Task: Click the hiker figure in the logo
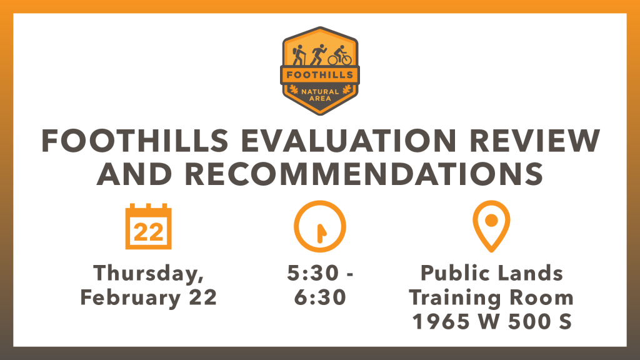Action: pyautogui.click(x=299, y=55)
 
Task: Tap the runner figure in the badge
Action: pyautogui.click(x=318, y=55)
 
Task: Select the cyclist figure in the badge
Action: pyautogui.click(x=339, y=56)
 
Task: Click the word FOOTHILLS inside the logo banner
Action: pyautogui.click(x=319, y=75)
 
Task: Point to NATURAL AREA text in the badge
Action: pyautogui.click(x=320, y=95)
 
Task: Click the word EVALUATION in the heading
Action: pyautogui.click(x=348, y=141)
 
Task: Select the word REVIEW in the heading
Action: pyautogui.click(x=535, y=141)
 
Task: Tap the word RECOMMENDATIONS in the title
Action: pyautogui.click(x=364, y=174)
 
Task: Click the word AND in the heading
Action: pyautogui.click(x=134, y=174)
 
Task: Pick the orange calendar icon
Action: pyautogui.click(x=149, y=226)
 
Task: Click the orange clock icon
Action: pyautogui.click(x=320, y=226)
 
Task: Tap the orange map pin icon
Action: pyautogui.click(x=491, y=226)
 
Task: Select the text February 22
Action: pyautogui.click(x=149, y=297)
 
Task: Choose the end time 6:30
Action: pyautogui.click(x=320, y=297)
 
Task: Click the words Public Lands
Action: pyautogui.click(x=492, y=272)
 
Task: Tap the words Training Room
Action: pyautogui.click(x=491, y=297)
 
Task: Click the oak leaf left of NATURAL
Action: pyautogui.click(x=294, y=89)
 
